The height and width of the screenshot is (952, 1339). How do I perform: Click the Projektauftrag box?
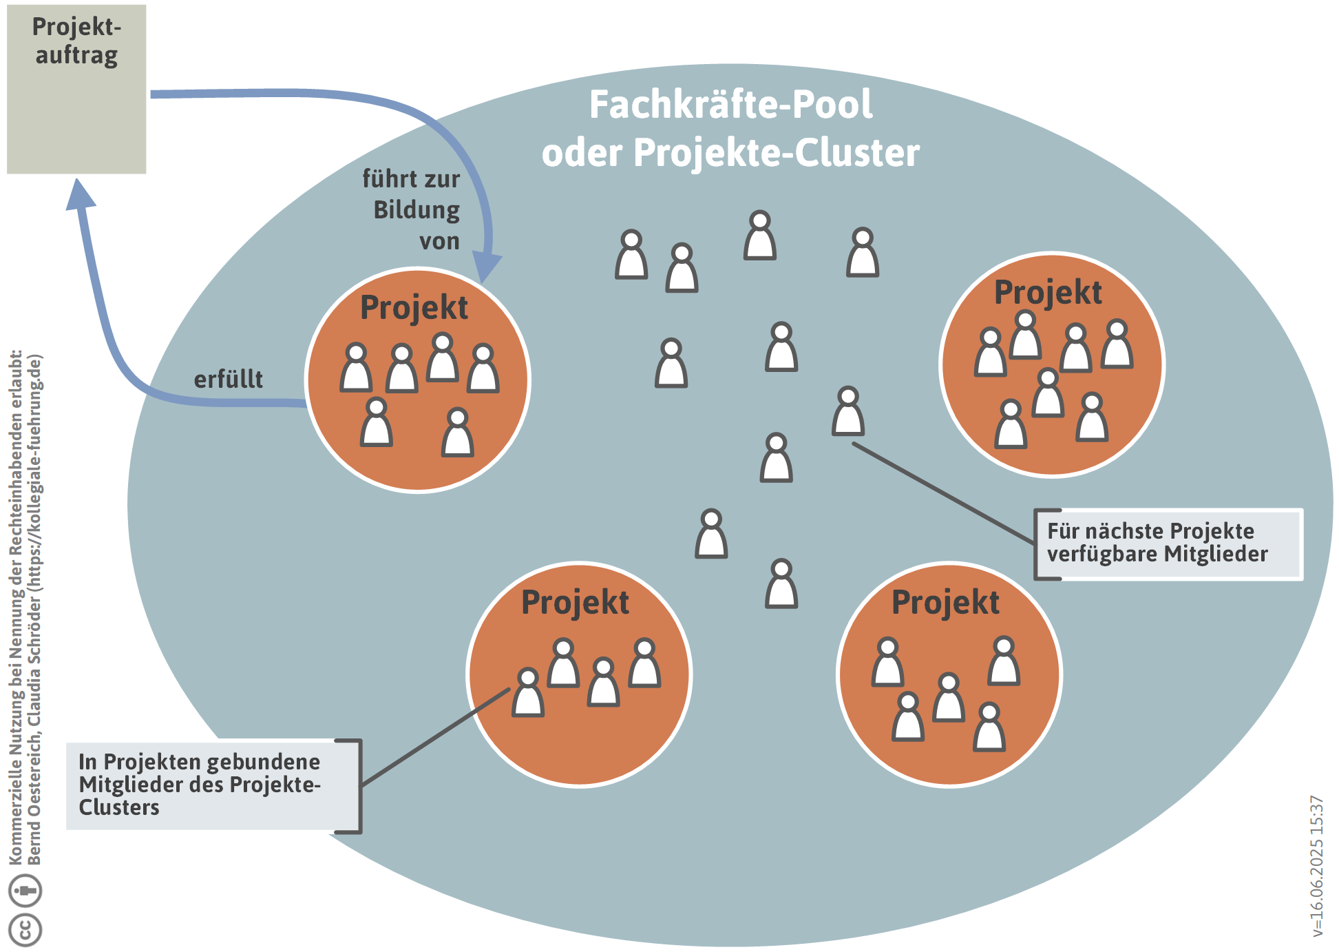coord(76,89)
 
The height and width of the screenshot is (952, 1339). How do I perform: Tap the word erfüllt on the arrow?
coord(228,380)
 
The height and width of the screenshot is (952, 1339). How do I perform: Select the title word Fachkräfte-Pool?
coord(730,105)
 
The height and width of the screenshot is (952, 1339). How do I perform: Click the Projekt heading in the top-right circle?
coord(1048,292)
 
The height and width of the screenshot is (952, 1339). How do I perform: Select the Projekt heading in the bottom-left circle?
coord(575,602)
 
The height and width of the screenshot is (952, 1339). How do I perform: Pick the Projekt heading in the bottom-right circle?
coord(945,602)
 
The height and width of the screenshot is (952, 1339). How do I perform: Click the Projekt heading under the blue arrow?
coord(414,307)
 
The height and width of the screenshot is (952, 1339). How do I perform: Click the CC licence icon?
coord(25,929)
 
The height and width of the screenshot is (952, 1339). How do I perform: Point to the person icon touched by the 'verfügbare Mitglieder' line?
coord(848,411)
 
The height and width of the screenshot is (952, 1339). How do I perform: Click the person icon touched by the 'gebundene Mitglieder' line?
coord(528,692)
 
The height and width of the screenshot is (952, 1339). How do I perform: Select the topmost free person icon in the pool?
coord(760,236)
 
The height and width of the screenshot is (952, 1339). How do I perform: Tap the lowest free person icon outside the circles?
coord(781,583)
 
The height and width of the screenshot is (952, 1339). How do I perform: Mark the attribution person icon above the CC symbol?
coord(25,890)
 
